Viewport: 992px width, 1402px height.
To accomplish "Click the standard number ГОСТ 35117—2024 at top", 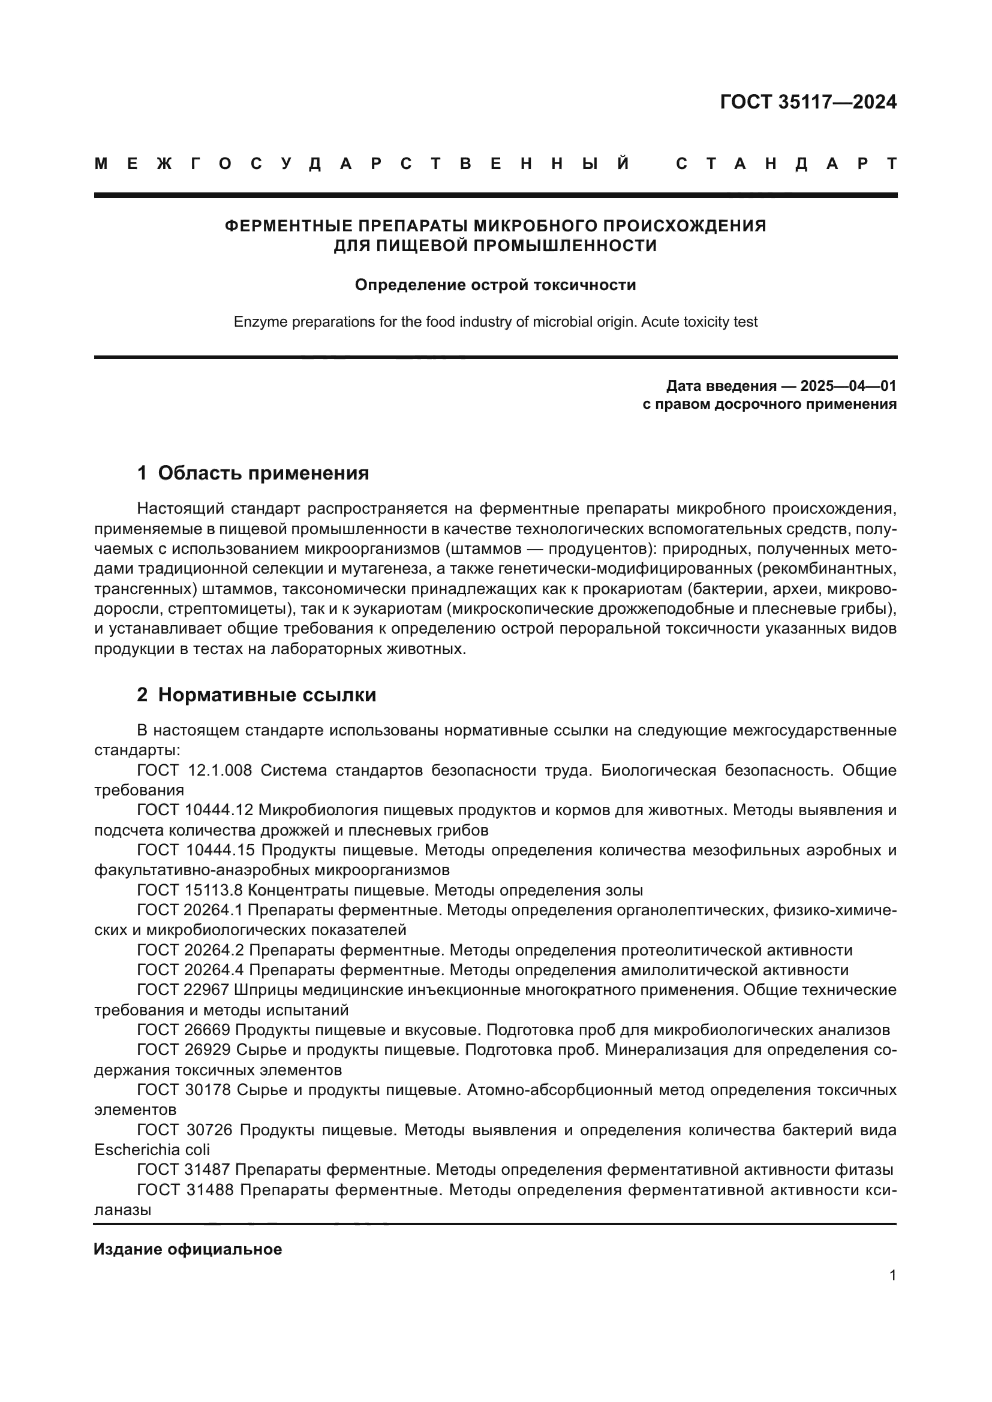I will click(x=807, y=102).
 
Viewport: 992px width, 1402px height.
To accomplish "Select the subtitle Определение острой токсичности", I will click(x=495, y=285).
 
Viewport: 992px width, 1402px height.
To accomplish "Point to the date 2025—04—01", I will click(x=848, y=386).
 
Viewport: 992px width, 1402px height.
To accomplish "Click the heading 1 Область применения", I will click(x=253, y=474).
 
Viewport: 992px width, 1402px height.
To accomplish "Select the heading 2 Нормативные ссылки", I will click(x=257, y=695).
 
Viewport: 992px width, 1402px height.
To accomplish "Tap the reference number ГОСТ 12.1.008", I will click(x=194, y=771).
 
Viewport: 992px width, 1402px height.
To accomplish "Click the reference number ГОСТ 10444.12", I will click(x=195, y=810).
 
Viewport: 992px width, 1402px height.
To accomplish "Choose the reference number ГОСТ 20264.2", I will click(x=191, y=950).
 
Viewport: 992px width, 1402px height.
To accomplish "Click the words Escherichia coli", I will click(x=152, y=1150).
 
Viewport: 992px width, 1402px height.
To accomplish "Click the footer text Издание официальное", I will click(x=188, y=1249).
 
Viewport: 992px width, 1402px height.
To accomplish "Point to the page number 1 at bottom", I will click(x=892, y=1275).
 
